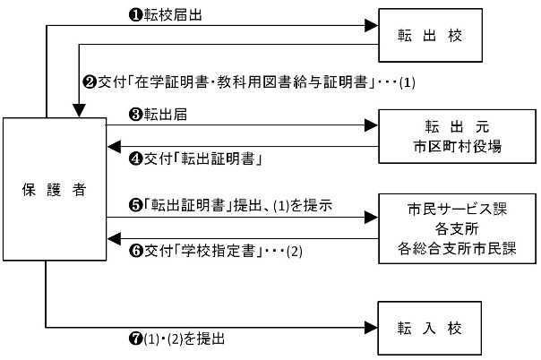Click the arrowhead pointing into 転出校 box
point(371,27)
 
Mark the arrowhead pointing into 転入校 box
point(371,328)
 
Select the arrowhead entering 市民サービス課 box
point(371,217)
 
